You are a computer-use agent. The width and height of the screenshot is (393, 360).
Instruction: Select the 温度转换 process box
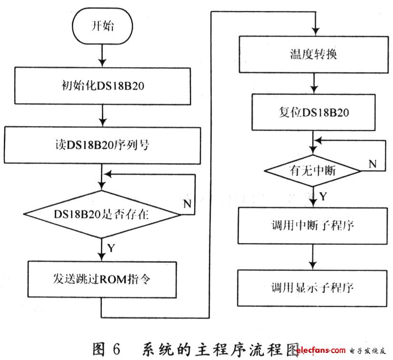(x=313, y=55)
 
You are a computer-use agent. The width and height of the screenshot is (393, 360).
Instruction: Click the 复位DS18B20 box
(x=313, y=114)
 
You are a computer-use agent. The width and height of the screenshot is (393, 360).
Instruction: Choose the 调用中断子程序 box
(x=313, y=225)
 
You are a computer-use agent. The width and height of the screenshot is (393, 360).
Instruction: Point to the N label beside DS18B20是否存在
(x=188, y=204)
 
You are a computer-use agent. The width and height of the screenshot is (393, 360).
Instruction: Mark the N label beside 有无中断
(x=373, y=164)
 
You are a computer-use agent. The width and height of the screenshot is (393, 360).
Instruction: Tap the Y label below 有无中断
(x=322, y=196)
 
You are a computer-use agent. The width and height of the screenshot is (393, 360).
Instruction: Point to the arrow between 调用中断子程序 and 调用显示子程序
(x=313, y=257)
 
